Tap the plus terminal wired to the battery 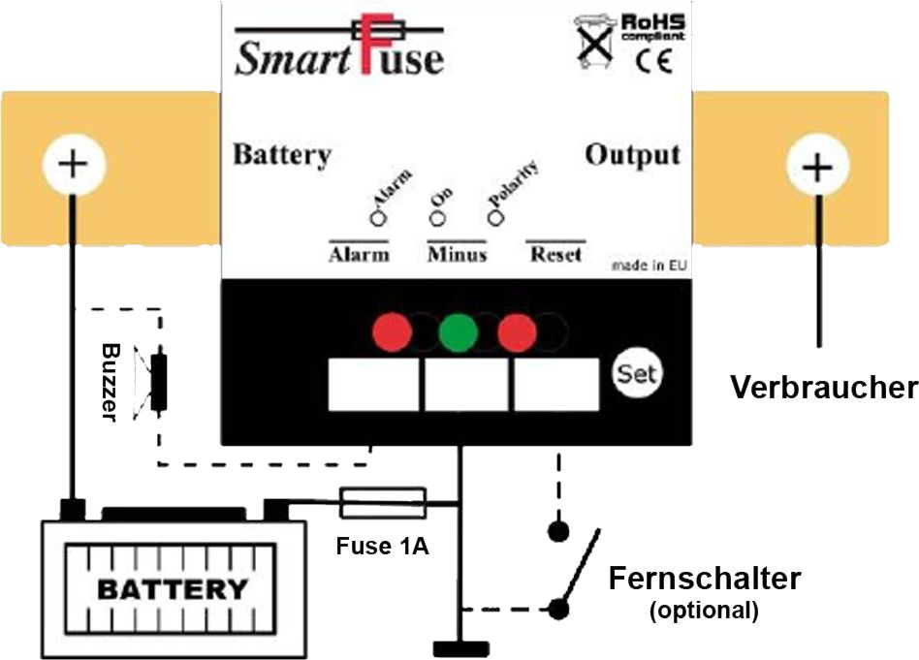pyautogui.click(x=72, y=164)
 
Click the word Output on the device pyautogui.click(x=632, y=155)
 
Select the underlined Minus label pyautogui.click(x=457, y=254)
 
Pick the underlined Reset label pyautogui.click(x=556, y=254)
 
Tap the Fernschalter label pyautogui.click(x=705, y=579)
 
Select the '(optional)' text pyautogui.click(x=703, y=611)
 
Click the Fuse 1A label pyautogui.click(x=382, y=546)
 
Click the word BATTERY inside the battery pyautogui.click(x=173, y=588)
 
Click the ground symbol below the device pyautogui.click(x=459, y=647)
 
